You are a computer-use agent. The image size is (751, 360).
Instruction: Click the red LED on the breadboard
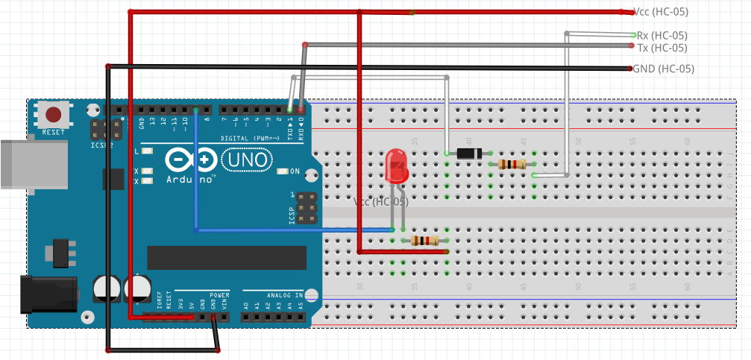coord(396,167)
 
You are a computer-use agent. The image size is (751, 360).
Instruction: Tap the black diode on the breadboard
coord(468,154)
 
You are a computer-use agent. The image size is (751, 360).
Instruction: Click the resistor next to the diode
coord(512,164)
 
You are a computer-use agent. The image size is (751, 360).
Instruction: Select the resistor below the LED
coord(424,240)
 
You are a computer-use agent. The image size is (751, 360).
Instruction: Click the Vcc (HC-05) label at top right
coord(660,12)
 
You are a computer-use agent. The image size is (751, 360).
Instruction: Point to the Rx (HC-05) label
coord(662,35)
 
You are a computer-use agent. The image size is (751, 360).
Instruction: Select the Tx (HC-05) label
coord(662,48)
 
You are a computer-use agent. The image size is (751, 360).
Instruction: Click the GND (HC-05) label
coord(663,69)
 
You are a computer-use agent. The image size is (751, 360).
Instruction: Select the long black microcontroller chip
coord(227,257)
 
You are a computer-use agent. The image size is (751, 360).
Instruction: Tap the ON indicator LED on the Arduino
coord(282,171)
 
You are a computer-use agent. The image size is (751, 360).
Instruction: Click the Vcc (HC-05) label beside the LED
coord(380,202)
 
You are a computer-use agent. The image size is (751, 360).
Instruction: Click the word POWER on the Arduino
coord(219,295)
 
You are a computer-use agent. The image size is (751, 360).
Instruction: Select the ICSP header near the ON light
coord(306,208)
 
